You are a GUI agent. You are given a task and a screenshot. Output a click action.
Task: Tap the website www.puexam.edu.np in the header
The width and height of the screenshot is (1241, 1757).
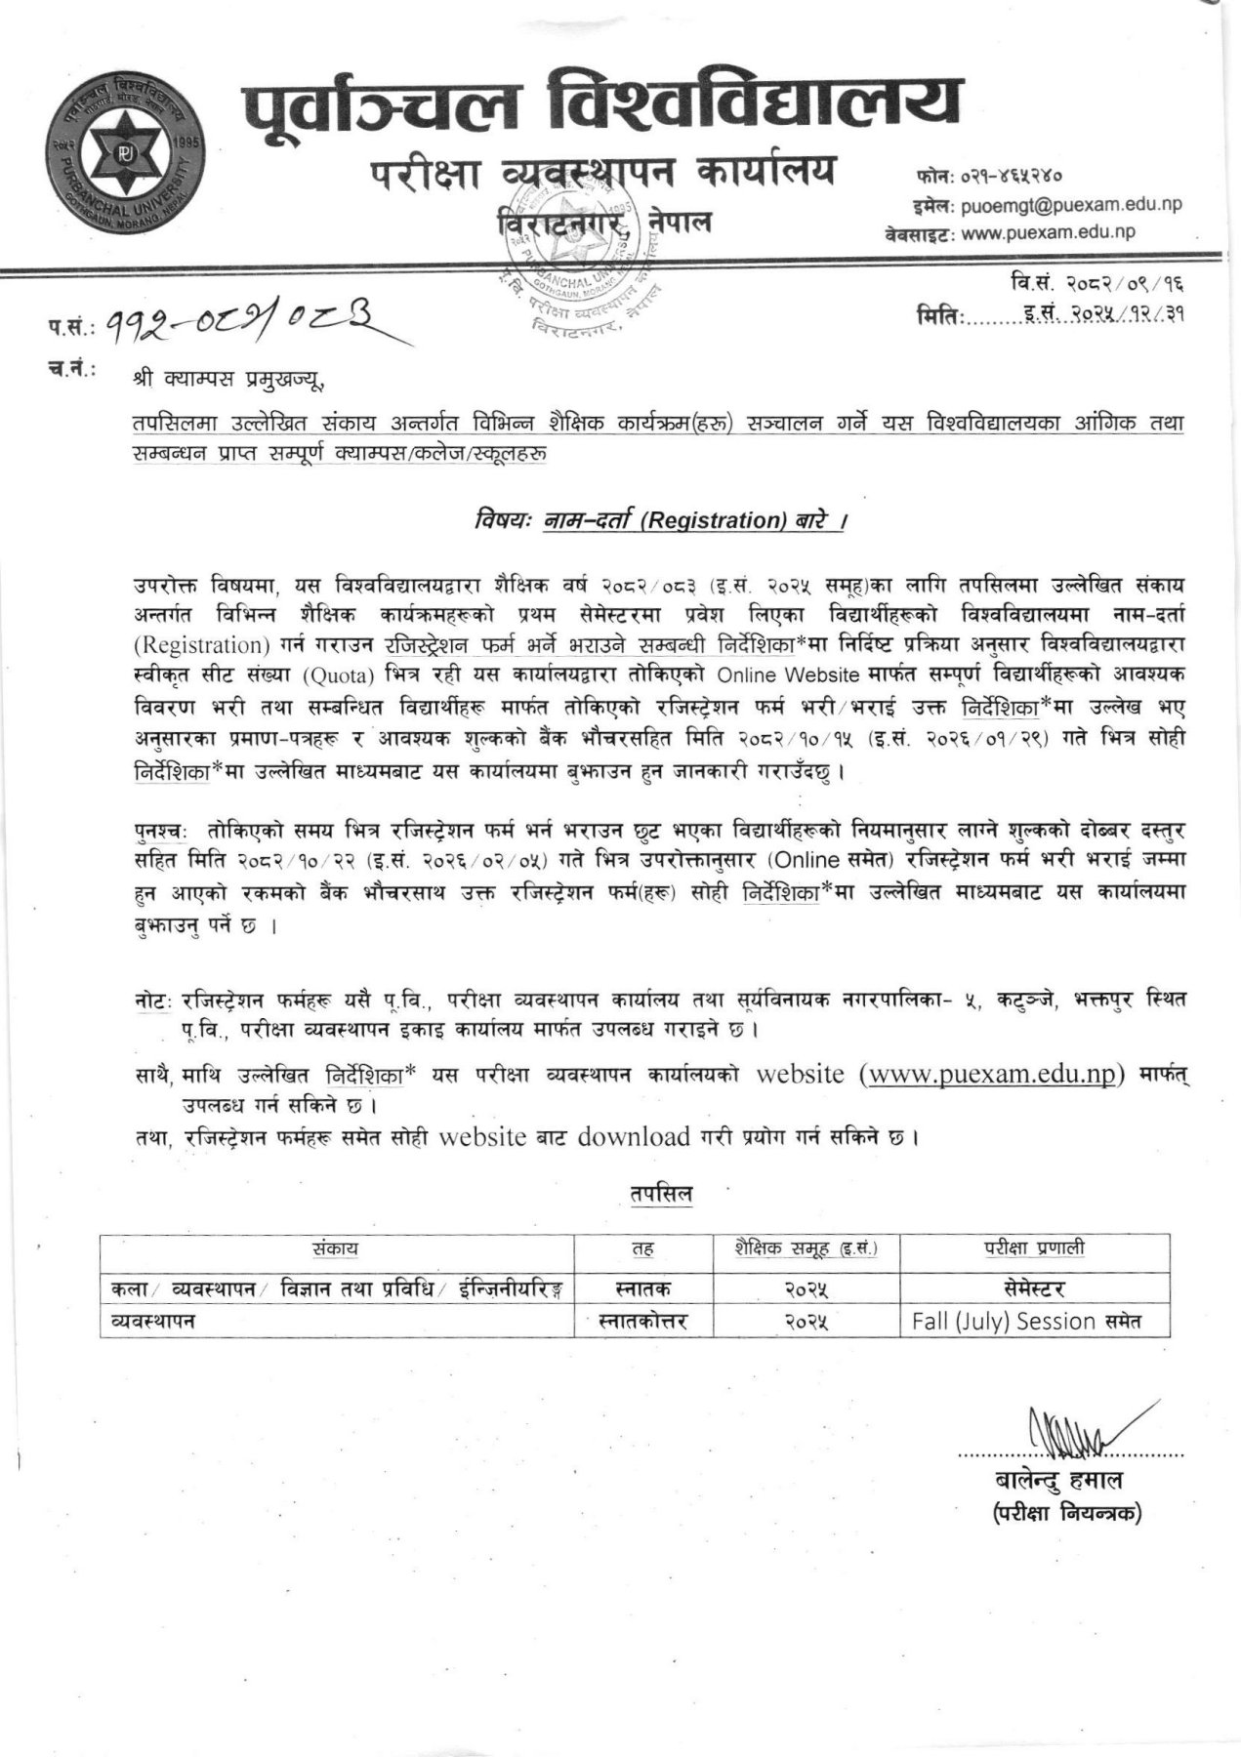pyautogui.click(x=1047, y=232)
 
